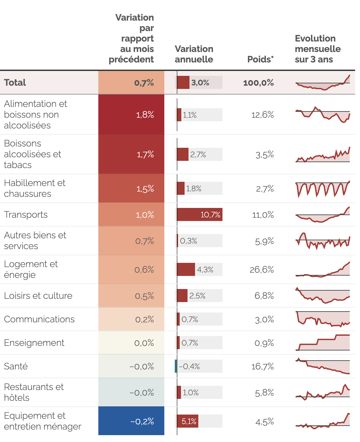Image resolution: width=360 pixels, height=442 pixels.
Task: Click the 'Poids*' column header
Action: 260,59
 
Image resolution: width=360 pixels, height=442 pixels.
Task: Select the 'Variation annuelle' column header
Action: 194,54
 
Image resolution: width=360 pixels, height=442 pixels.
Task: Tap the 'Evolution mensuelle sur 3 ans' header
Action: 318,49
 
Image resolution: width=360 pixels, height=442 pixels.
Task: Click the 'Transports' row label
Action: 26,214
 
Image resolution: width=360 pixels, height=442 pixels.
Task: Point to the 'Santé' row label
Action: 16,366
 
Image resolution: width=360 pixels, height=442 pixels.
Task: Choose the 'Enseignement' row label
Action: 34,343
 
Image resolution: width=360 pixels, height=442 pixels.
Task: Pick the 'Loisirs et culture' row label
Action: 38,296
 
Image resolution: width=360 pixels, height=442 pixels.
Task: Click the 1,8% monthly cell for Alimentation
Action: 131,114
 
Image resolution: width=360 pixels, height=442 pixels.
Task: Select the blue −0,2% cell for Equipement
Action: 131,421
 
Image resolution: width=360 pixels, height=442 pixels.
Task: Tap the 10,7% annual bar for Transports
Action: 200,214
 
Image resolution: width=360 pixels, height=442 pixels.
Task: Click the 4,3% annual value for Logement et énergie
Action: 205,270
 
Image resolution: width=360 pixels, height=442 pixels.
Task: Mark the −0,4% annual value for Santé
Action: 189,366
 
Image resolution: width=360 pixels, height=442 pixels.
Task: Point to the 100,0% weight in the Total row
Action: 258,83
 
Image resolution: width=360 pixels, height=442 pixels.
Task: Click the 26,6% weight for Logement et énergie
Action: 262,270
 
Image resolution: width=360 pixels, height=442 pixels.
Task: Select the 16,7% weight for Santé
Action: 262,366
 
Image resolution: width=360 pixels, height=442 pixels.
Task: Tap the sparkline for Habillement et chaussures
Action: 322,189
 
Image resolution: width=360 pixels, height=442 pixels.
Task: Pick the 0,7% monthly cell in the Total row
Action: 131,83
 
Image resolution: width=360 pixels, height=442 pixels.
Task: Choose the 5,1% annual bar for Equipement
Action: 188,421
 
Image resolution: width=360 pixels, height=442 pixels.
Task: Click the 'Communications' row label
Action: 39,319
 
